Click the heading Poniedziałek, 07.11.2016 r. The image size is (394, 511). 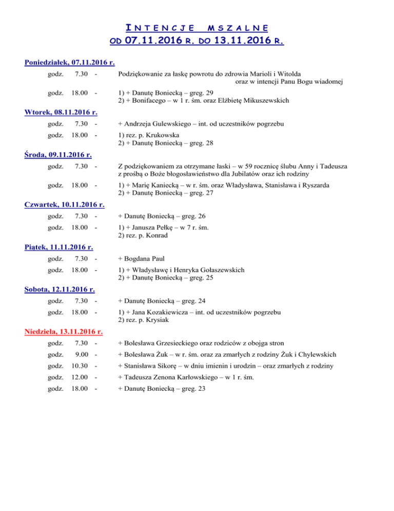(69, 63)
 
